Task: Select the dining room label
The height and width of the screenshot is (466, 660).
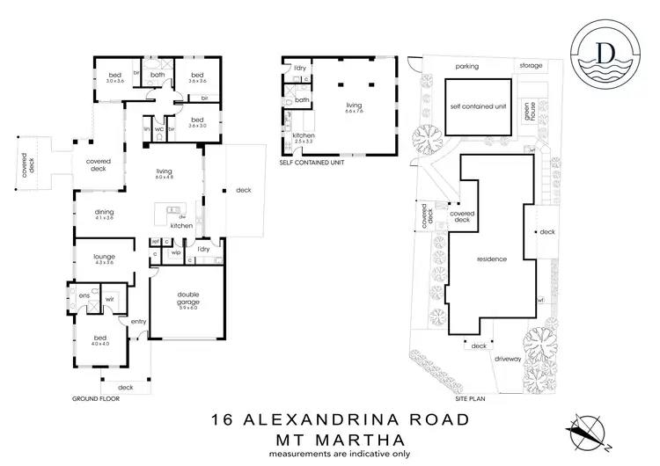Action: pos(106,213)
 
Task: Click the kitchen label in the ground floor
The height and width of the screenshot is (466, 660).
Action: pos(181,226)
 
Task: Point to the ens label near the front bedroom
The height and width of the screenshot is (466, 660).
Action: pos(84,295)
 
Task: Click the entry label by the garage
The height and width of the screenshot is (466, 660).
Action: pos(139,322)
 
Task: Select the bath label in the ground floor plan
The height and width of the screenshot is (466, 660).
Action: pos(158,75)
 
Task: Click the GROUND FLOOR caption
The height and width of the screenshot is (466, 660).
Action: pos(95,398)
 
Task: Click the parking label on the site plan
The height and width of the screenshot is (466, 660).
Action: pos(466,66)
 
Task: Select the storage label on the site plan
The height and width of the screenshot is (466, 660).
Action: pos(531,66)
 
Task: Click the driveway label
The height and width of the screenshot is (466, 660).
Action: pos(508,360)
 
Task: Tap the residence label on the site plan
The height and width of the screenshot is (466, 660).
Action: pos(490,260)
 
